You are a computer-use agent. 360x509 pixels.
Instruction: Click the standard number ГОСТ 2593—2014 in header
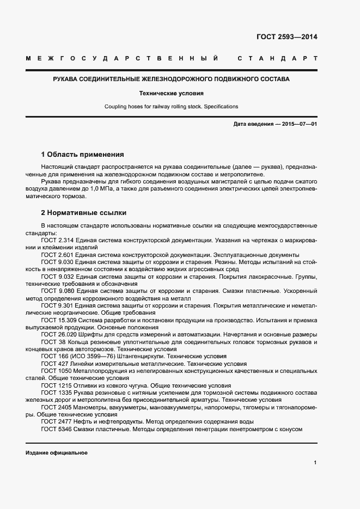286,38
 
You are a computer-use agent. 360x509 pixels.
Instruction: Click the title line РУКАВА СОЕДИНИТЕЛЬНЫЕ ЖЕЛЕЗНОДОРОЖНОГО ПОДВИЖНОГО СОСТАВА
171,79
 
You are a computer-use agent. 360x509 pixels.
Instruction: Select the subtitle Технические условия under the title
171,93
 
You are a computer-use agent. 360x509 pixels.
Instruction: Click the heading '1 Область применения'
82,155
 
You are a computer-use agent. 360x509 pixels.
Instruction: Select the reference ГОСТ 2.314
55,240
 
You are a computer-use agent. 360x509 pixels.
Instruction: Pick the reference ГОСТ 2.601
55,254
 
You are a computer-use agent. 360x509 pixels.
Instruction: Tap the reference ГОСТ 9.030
55,261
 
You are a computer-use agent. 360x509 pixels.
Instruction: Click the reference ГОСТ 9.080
55,291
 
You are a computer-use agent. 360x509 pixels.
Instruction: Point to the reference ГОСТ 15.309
57,320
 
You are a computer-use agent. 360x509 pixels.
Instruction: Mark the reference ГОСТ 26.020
57,334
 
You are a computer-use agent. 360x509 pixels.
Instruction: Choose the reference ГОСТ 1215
53,385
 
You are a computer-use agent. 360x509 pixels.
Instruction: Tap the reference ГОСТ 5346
53,429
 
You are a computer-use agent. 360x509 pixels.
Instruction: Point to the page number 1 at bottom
315,463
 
